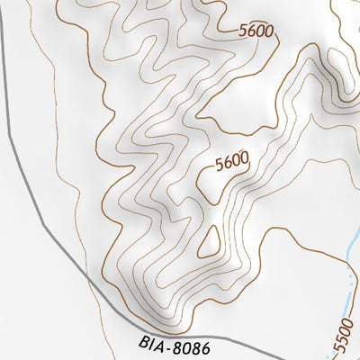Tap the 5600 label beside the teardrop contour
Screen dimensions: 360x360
pyautogui.click(x=231, y=162)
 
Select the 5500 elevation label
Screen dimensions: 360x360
pyautogui.click(x=343, y=337)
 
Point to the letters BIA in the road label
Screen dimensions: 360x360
pyautogui.click(x=152, y=342)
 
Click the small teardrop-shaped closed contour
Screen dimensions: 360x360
pyautogui.click(x=209, y=241)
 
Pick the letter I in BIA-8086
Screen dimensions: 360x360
pyautogui.click(x=151, y=342)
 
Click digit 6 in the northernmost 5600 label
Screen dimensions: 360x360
pyautogui.click(x=252, y=30)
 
